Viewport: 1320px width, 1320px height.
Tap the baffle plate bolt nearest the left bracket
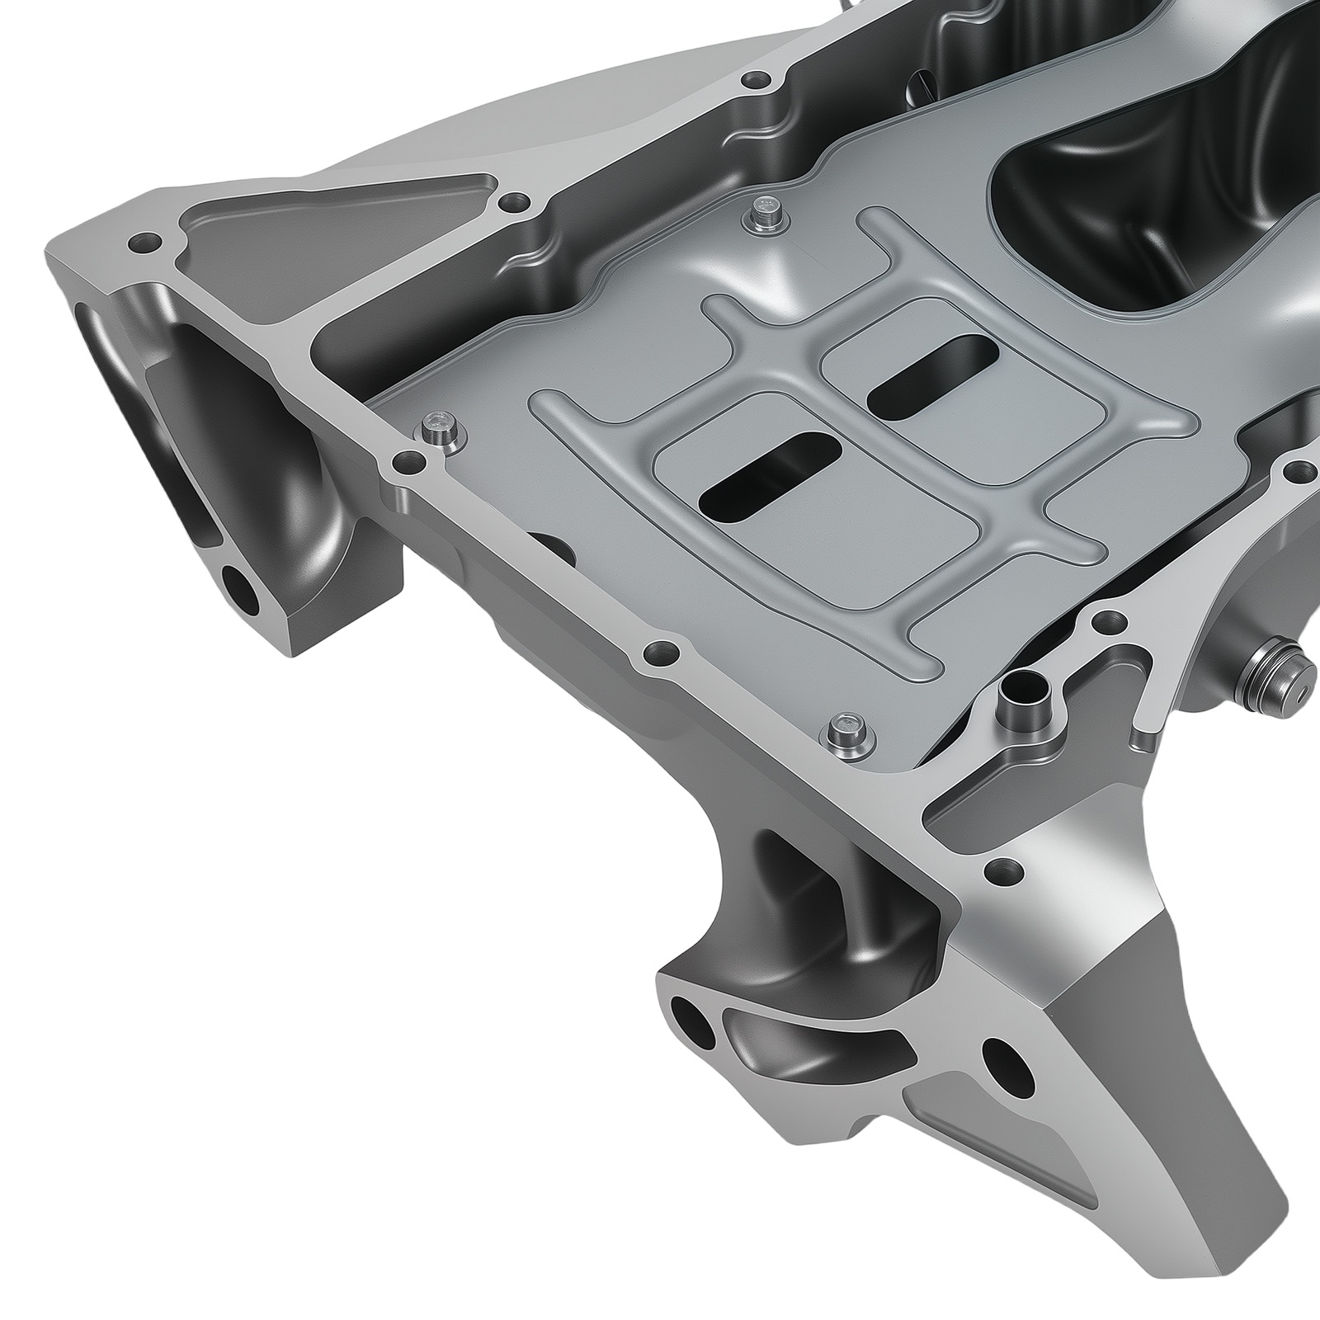[x=438, y=430]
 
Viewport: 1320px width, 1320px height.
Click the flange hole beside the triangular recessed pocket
[x=516, y=200]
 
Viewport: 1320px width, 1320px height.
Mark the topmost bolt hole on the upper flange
[x=754, y=81]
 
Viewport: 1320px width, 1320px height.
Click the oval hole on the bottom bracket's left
[x=694, y=1018]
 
